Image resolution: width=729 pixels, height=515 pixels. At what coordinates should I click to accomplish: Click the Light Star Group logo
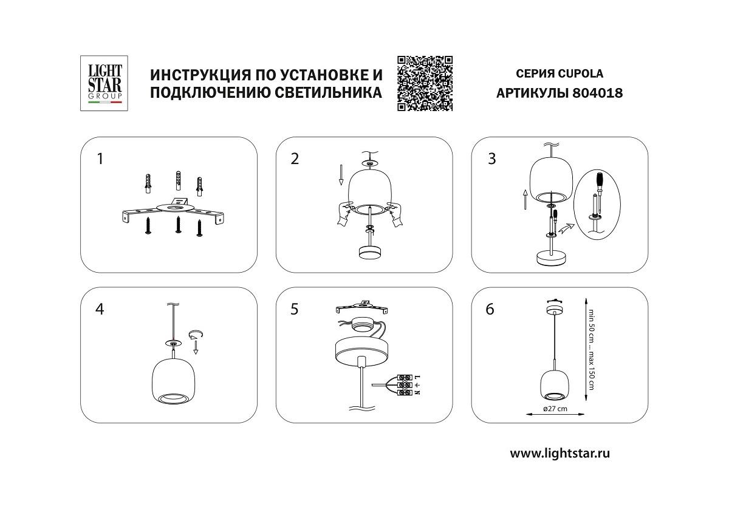click(x=101, y=83)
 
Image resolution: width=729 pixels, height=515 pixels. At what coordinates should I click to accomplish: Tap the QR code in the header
click(x=425, y=83)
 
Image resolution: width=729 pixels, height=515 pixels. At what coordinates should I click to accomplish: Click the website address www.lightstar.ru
click(x=560, y=453)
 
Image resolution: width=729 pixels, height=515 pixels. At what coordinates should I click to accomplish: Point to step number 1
click(x=100, y=159)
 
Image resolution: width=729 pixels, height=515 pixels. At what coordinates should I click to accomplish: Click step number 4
click(x=100, y=309)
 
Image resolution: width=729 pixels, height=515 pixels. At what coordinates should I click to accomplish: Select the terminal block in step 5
click(x=405, y=386)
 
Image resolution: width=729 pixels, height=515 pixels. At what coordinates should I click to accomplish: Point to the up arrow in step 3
click(x=524, y=198)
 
